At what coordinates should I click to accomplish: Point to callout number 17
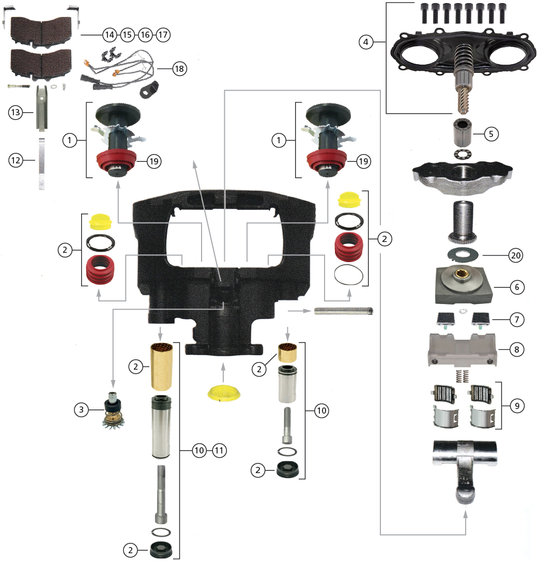(x=163, y=35)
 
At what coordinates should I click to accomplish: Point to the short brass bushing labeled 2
(x=287, y=353)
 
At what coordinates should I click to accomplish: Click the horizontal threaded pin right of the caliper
(x=343, y=311)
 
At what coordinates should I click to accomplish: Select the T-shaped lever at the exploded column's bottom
(x=465, y=460)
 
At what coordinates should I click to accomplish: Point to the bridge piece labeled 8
(x=463, y=350)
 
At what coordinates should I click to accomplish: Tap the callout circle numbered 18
(x=180, y=69)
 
